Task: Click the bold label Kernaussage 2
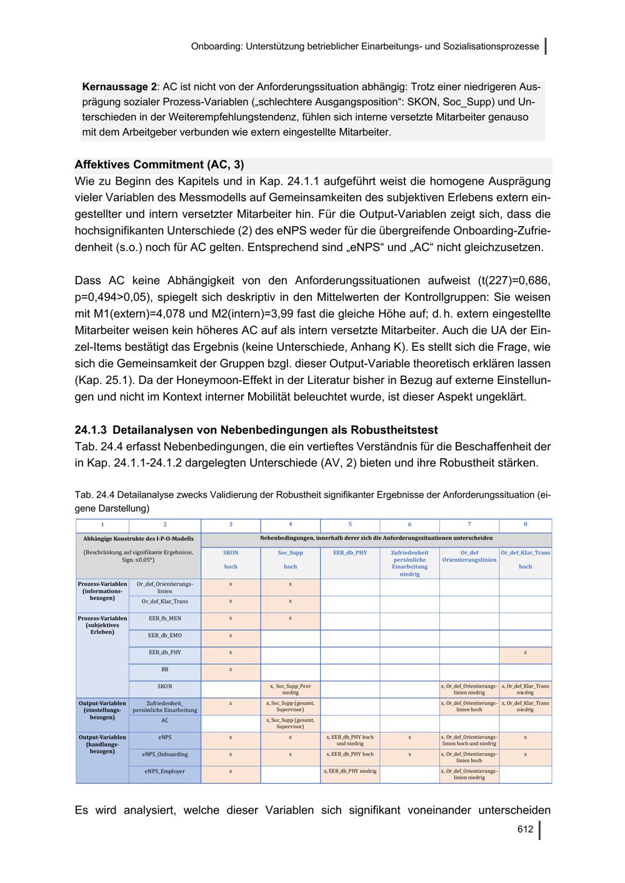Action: [119, 87]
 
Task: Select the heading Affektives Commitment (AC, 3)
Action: [159, 165]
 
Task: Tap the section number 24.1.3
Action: [91, 430]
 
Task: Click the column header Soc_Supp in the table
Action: [290, 553]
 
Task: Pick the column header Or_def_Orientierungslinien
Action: [469, 556]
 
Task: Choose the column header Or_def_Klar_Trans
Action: [525, 553]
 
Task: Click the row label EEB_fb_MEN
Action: [164, 618]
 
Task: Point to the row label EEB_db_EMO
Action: [164, 635]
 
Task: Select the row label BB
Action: [164, 669]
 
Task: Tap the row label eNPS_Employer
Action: [164, 771]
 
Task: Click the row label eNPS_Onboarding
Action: [164, 754]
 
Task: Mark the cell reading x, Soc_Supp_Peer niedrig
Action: [290, 689]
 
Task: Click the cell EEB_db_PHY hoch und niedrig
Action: [350, 741]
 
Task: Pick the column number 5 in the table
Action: [350, 525]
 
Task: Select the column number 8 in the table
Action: [525, 525]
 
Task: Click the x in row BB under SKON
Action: [231, 669]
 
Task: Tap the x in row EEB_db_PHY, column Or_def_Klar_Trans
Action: [525, 653]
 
